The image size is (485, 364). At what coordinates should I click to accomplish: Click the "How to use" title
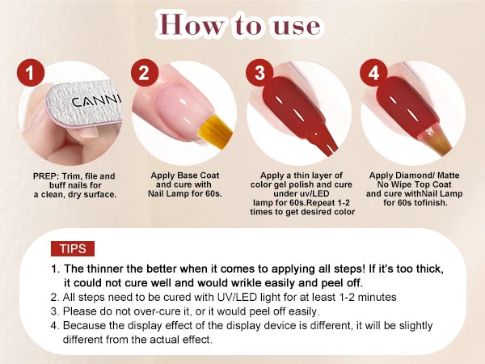[x=242, y=26]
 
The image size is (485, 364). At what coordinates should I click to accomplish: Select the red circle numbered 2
[x=144, y=74]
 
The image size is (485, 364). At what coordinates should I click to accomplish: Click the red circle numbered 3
[x=259, y=74]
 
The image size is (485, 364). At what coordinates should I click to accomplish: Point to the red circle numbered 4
[x=373, y=74]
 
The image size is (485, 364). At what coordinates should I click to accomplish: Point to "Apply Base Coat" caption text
[x=185, y=176]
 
